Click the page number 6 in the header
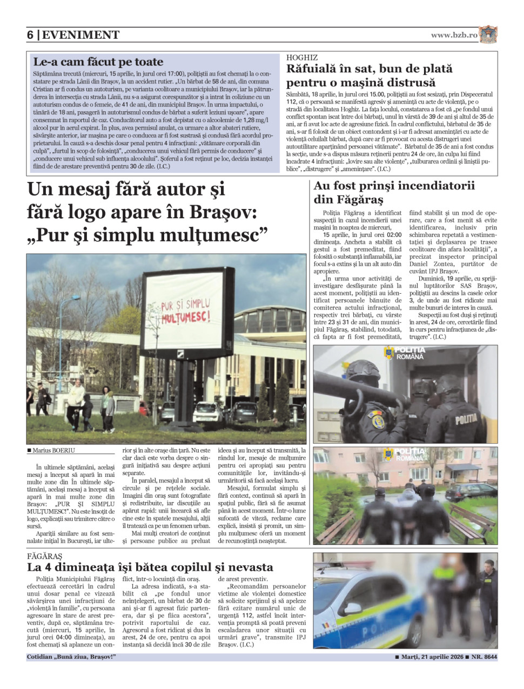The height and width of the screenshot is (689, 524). pyautogui.click(x=30, y=35)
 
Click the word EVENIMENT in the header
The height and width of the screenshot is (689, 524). pyautogui.click(x=80, y=35)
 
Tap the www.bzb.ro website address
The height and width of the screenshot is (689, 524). pyautogui.click(x=454, y=35)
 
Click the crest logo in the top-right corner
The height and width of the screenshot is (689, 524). pyautogui.click(x=488, y=35)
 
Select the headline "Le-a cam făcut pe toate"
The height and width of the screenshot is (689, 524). pyautogui.click(x=98, y=62)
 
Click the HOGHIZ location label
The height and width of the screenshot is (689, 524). pyautogui.click(x=302, y=57)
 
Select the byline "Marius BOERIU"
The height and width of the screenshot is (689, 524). pyautogui.click(x=53, y=450)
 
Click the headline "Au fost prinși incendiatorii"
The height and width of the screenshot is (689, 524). pyautogui.click(x=394, y=186)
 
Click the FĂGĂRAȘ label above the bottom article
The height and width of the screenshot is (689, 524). pyautogui.click(x=44, y=556)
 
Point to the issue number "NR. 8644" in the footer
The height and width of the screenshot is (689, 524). pyautogui.click(x=484, y=657)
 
